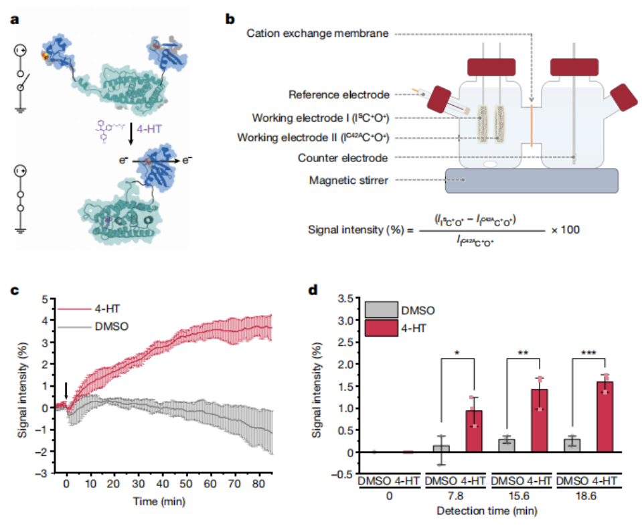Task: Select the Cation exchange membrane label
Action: tap(317, 33)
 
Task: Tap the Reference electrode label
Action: tap(339, 94)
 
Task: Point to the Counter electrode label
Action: tap(343, 158)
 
